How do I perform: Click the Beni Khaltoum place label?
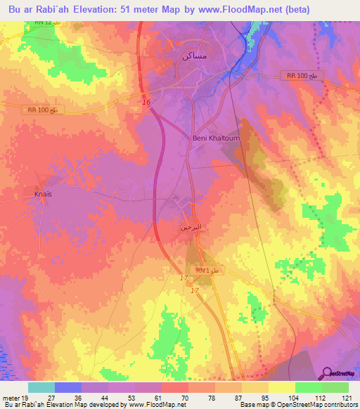point(216,138)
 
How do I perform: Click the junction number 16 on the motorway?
point(146,103)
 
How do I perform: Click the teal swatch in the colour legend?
point(41,387)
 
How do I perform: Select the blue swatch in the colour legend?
point(67,387)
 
